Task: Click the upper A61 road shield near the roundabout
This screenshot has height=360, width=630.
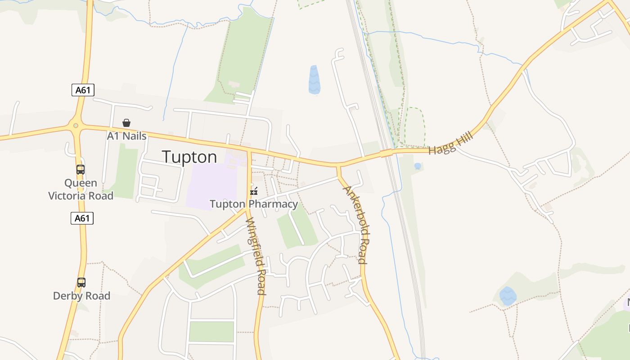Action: point(83,90)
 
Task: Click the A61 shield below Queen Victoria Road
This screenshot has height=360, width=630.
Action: point(82,218)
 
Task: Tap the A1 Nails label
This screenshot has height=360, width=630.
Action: point(126,135)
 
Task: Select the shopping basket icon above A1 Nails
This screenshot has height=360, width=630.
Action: point(126,123)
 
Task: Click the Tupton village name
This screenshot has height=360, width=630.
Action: point(189,157)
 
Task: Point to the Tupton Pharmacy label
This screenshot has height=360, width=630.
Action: point(254,204)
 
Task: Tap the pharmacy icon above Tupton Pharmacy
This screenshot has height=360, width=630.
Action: point(254,191)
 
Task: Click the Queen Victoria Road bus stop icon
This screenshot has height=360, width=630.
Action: point(81,170)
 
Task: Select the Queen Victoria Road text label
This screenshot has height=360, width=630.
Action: point(81,189)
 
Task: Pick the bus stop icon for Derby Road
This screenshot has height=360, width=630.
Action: point(81,283)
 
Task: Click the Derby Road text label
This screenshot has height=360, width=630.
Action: point(81,296)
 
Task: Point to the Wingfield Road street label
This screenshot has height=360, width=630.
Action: point(256,256)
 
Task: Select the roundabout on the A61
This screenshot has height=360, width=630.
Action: point(76,126)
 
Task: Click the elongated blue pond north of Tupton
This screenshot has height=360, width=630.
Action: point(314,80)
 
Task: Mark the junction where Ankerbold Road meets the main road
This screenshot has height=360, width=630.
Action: point(338,166)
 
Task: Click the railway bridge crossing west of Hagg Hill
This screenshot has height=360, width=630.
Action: point(386,153)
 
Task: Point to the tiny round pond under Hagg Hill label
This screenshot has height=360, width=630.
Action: point(418,166)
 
